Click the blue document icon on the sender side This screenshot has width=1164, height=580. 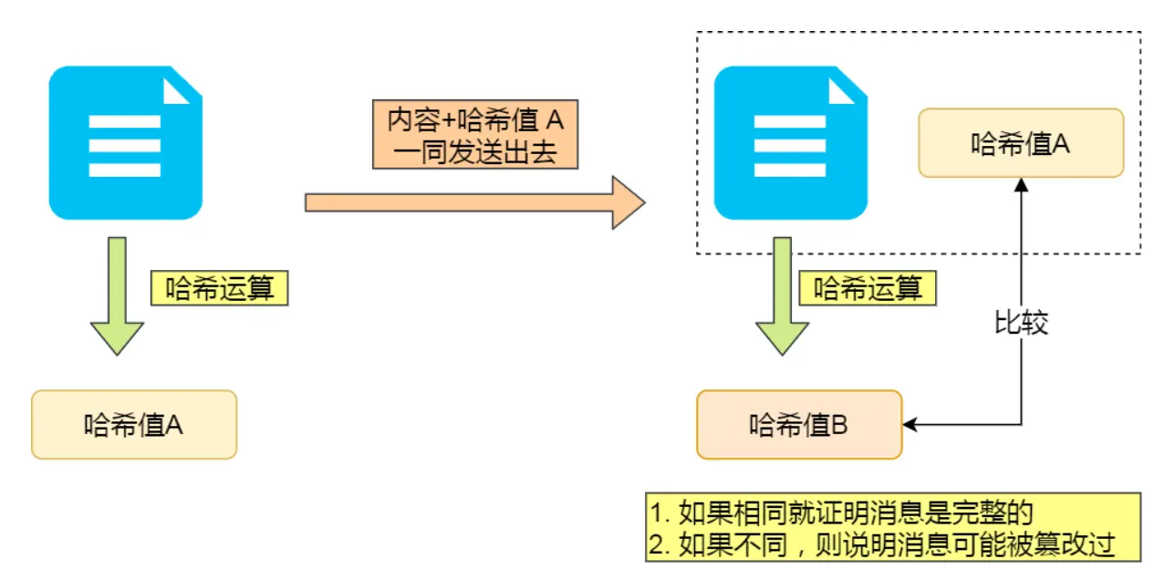tap(125, 143)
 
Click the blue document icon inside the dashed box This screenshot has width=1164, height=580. tap(790, 143)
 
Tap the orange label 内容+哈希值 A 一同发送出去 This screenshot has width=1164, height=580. tap(475, 135)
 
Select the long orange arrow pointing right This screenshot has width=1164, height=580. tap(474, 202)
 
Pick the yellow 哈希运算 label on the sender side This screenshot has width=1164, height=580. tap(219, 289)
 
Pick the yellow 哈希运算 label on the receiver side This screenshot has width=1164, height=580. tap(868, 289)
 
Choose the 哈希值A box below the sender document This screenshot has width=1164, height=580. tap(134, 425)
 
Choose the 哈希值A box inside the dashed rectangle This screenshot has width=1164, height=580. tap(1021, 142)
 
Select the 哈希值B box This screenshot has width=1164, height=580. tap(799, 425)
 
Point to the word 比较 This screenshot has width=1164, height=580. tap(1021, 323)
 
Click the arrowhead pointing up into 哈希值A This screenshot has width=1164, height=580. tap(1021, 184)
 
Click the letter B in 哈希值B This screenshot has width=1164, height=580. tap(840, 425)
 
